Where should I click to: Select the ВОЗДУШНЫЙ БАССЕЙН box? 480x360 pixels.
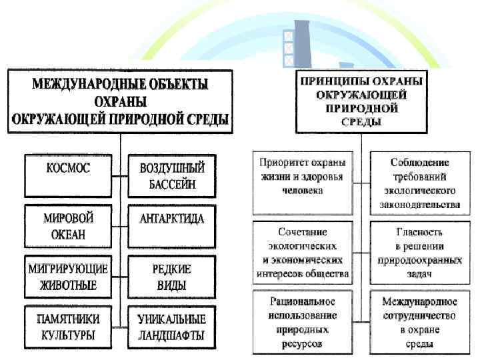(x=172, y=175)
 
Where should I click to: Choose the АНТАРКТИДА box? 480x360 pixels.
(x=172, y=219)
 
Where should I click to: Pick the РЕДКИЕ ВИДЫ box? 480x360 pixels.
(x=172, y=277)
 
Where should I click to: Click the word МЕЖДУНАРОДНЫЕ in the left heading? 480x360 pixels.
(x=76, y=84)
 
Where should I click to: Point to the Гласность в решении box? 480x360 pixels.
(x=419, y=253)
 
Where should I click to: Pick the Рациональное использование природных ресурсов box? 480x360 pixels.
(x=302, y=320)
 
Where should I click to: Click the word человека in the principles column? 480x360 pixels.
(x=302, y=191)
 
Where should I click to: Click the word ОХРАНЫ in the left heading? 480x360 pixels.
(x=121, y=102)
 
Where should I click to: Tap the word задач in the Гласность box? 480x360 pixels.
(x=419, y=274)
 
